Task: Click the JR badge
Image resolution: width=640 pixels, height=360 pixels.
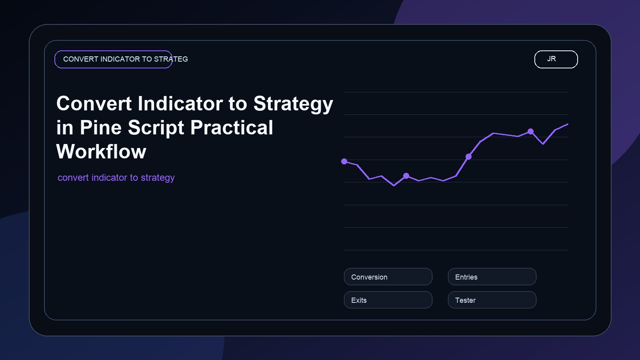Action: tap(556, 59)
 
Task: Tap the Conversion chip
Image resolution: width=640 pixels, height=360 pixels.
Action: tap(388, 277)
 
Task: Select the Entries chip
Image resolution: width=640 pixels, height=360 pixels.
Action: tap(492, 277)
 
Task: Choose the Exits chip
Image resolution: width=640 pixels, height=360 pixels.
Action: tap(388, 300)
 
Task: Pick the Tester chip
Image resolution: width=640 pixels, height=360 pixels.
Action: tap(492, 300)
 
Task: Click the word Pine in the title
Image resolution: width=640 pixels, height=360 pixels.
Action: tap(100, 128)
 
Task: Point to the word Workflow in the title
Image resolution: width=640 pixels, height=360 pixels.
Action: tap(101, 152)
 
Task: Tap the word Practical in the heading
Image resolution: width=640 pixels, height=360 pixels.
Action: tap(232, 128)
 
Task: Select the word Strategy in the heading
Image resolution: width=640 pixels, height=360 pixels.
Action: tap(293, 104)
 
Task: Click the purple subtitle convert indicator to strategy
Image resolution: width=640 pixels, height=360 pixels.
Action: tap(116, 178)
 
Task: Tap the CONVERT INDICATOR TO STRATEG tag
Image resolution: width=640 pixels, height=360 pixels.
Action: tap(114, 59)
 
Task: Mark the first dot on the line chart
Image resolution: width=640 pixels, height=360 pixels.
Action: tap(344, 162)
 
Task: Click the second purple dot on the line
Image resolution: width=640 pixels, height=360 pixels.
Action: tap(406, 176)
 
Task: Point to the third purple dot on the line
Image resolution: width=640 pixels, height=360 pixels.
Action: tap(468, 156)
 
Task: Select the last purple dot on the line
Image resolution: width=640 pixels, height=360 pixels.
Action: tap(530, 131)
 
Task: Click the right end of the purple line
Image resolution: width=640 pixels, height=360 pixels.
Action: tap(568, 124)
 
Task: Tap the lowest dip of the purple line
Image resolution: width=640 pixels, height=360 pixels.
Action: tap(394, 185)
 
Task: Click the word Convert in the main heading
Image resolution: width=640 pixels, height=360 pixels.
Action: tap(94, 104)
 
